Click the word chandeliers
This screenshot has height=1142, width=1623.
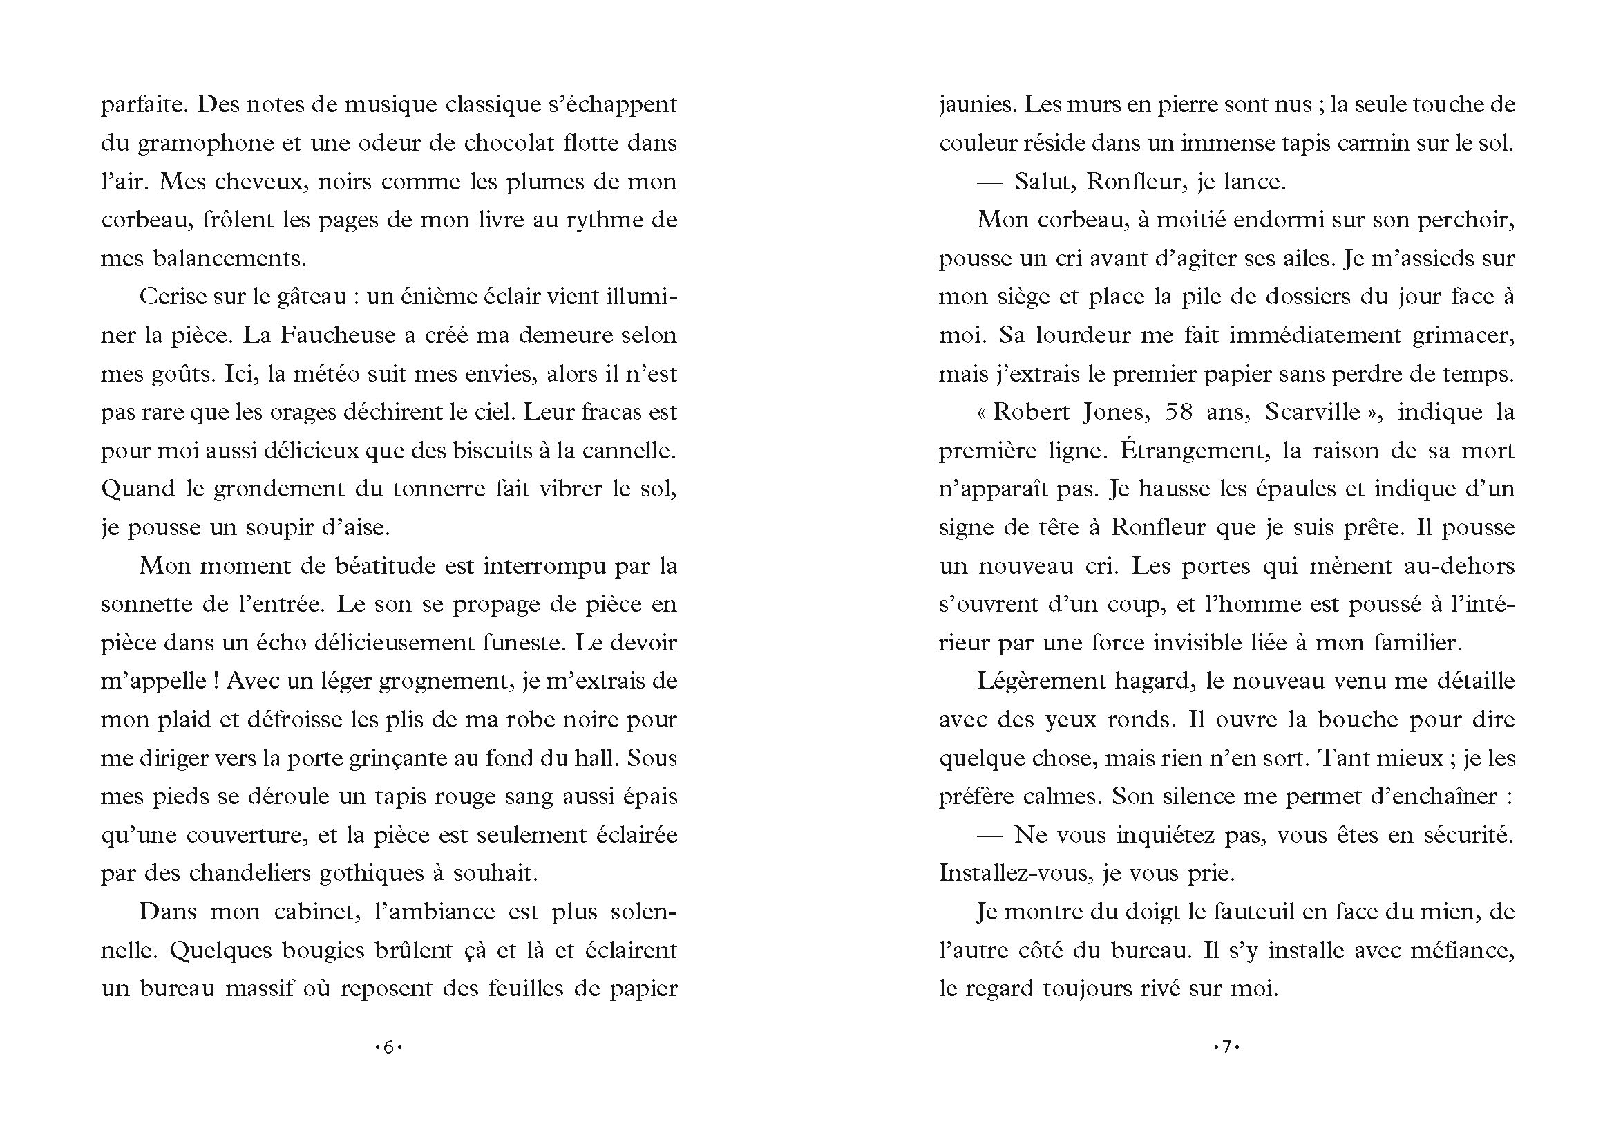[x=248, y=874]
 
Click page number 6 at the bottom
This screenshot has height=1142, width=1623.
[x=388, y=1047]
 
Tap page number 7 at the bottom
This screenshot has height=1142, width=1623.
[x=1226, y=1047]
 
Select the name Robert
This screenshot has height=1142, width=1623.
[x=1032, y=412]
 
